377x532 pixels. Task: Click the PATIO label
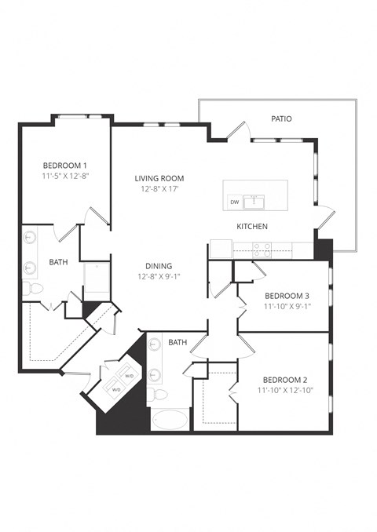(281, 119)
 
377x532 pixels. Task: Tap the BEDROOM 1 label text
(65, 166)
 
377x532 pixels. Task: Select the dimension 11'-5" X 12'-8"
(65, 177)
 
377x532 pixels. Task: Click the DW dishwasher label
(234, 202)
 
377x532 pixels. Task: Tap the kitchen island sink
(253, 202)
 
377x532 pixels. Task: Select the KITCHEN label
(253, 227)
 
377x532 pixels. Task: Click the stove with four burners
(262, 250)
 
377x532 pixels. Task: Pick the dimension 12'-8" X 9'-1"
(158, 277)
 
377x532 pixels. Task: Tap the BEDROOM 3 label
(287, 296)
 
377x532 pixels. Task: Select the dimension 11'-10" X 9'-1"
(287, 307)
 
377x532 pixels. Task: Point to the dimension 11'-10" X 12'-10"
(285, 389)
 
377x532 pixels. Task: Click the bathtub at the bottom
(169, 419)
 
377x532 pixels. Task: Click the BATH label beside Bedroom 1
(58, 262)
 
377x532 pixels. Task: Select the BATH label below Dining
(178, 342)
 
